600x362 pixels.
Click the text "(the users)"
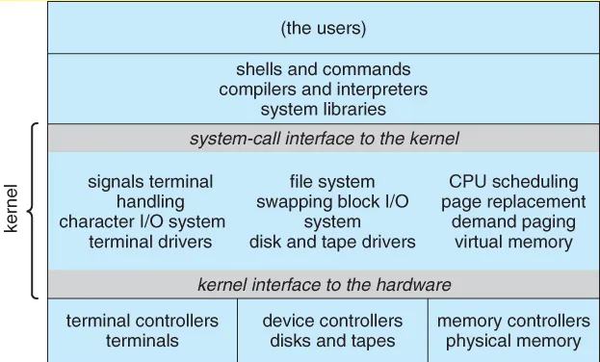pyautogui.click(x=324, y=28)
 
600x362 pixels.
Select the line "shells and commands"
pyautogui.click(x=324, y=69)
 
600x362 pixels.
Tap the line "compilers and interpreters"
pyautogui.click(x=324, y=89)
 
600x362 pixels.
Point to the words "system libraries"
pyautogui.click(x=324, y=109)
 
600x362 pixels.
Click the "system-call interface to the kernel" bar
pyautogui.click(x=324, y=139)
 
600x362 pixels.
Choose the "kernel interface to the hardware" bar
pyautogui.click(x=324, y=285)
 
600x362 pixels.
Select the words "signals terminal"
pyautogui.click(x=150, y=182)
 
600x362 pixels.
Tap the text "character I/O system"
pyautogui.click(x=143, y=221)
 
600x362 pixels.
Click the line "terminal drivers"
pyautogui.click(x=150, y=242)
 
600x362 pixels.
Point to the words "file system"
pyautogui.click(x=333, y=182)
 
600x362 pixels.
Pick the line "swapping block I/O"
pyautogui.click(x=333, y=202)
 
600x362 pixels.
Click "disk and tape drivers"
pyautogui.click(x=333, y=242)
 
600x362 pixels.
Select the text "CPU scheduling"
pyautogui.click(x=513, y=182)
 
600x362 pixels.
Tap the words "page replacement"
pyautogui.click(x=513, y=202)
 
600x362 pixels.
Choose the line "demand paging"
pyautogui.click(x=513, y=221)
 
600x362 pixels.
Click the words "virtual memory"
pyautogui.click(x=513, y=242)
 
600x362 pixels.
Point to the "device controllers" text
pyautogui.click(x=333, y=321)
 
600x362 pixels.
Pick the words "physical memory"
pyautogui.click(x=513, y=341)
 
